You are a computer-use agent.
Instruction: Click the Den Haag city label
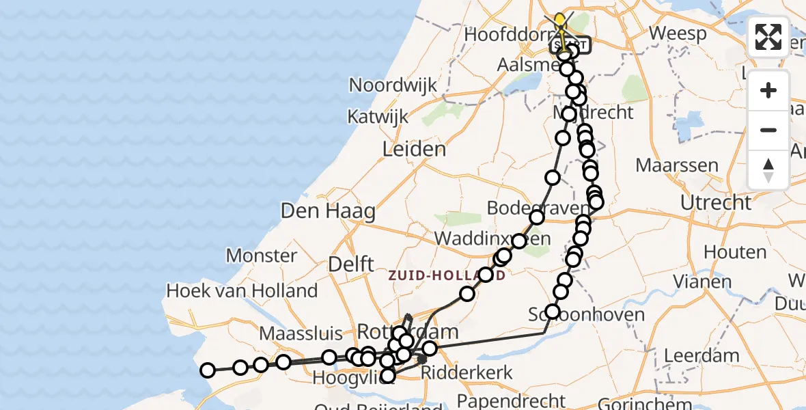coord(328,211)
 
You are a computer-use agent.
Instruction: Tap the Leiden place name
coord(415,150)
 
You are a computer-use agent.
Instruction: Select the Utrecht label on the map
coord(716,203)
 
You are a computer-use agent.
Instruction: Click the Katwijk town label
coord(377,117)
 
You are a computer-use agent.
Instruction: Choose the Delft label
coord(350,264)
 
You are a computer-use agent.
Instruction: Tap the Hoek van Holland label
coord(242,291)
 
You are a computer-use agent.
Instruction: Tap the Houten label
coord(734,252)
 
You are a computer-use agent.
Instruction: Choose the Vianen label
coord(701,281)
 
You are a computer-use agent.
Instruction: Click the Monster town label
coord(262,256)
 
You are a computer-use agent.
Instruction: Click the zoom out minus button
coord(768,131)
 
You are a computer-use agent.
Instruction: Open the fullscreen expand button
coord(768,37)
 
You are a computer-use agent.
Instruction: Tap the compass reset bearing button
coord(768,170)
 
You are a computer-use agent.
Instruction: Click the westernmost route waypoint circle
coord(207,370)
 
